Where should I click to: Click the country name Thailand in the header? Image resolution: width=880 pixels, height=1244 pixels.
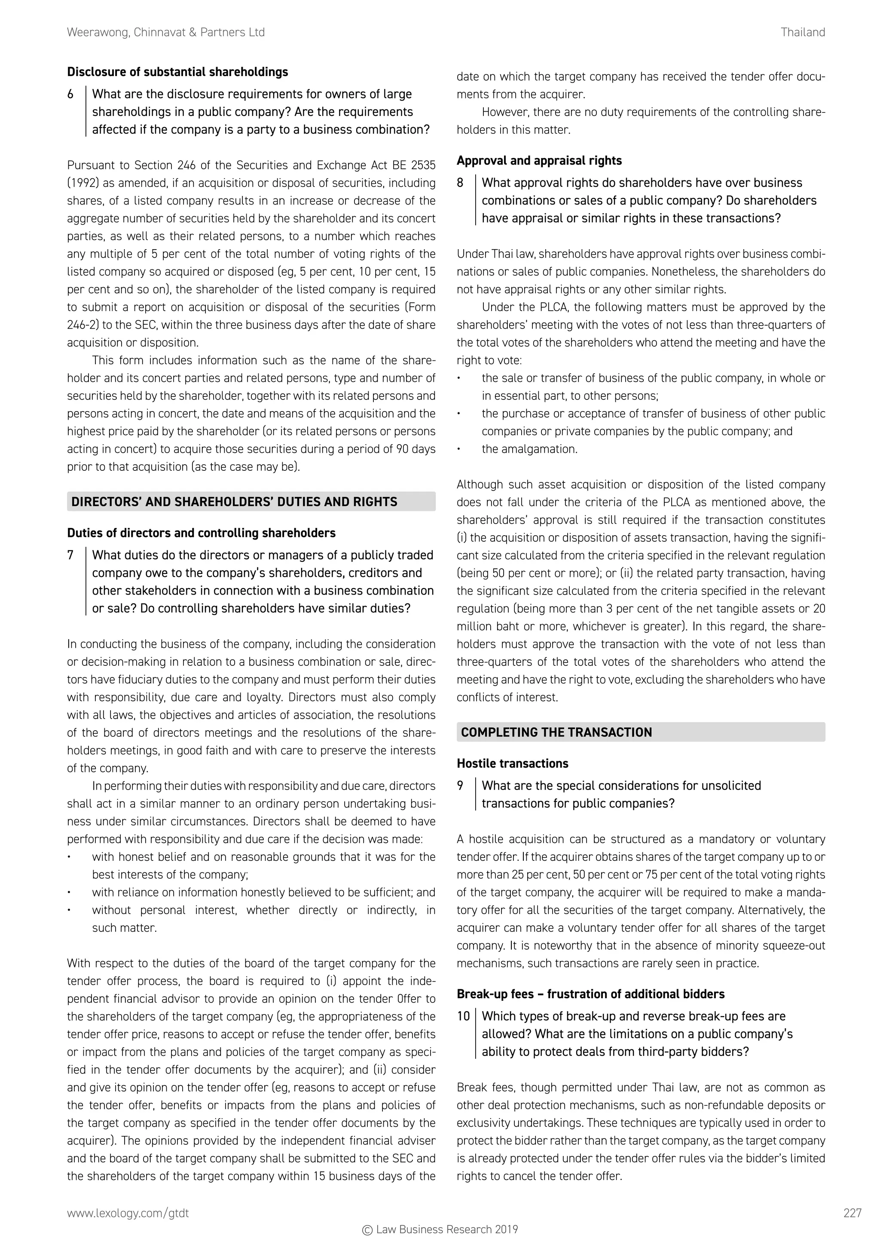coord(803,33)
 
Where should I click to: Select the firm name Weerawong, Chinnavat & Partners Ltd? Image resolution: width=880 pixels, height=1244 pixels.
coord(166,33)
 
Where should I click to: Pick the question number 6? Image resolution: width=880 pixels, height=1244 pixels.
coord(70,94)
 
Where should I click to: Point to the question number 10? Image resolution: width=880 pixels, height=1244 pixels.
coord(463,1016)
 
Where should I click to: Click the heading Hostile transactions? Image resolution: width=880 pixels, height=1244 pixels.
coord(512,763)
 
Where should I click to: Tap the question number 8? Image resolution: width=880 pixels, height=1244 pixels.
coord(460,183)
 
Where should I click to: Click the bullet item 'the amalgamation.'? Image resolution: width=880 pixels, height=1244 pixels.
coord(529,449)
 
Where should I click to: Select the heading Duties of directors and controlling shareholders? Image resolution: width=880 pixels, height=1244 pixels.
coord(201,533)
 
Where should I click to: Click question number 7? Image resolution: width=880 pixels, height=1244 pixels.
coord(70,555)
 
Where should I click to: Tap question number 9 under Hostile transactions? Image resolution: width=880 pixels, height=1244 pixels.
coord(460,786)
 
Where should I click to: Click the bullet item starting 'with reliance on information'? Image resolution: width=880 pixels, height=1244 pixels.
coord(263,892)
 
